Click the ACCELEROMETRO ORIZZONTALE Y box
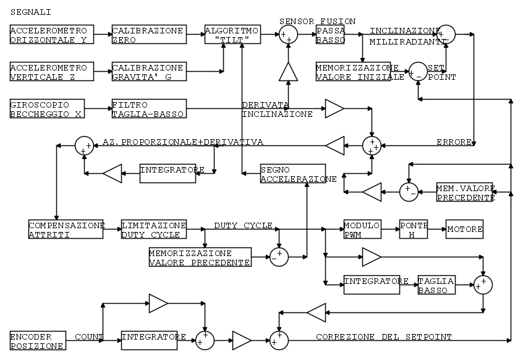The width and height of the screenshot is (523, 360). point(52,34)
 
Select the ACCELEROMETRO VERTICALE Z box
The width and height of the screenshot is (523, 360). point(52,71)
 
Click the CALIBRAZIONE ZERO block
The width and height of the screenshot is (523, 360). point(148,34)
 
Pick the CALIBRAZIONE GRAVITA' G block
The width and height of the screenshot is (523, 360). point(148,71)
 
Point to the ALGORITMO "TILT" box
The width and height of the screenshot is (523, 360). point(232,34)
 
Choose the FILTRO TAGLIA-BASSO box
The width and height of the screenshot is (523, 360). point(148,108)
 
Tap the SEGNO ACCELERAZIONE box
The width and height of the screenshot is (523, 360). point(292,174)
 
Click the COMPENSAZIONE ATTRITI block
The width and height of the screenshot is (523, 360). point(66,229)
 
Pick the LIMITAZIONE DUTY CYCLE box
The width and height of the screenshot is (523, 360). point(153,229)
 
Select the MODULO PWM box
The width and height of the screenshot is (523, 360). point(362,229)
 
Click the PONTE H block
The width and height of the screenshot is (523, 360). point(413,229)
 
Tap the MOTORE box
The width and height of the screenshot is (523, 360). point(464,229)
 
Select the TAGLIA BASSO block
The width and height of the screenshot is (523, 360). point(436,285)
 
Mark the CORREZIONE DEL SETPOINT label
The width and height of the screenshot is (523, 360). point(383,336)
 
